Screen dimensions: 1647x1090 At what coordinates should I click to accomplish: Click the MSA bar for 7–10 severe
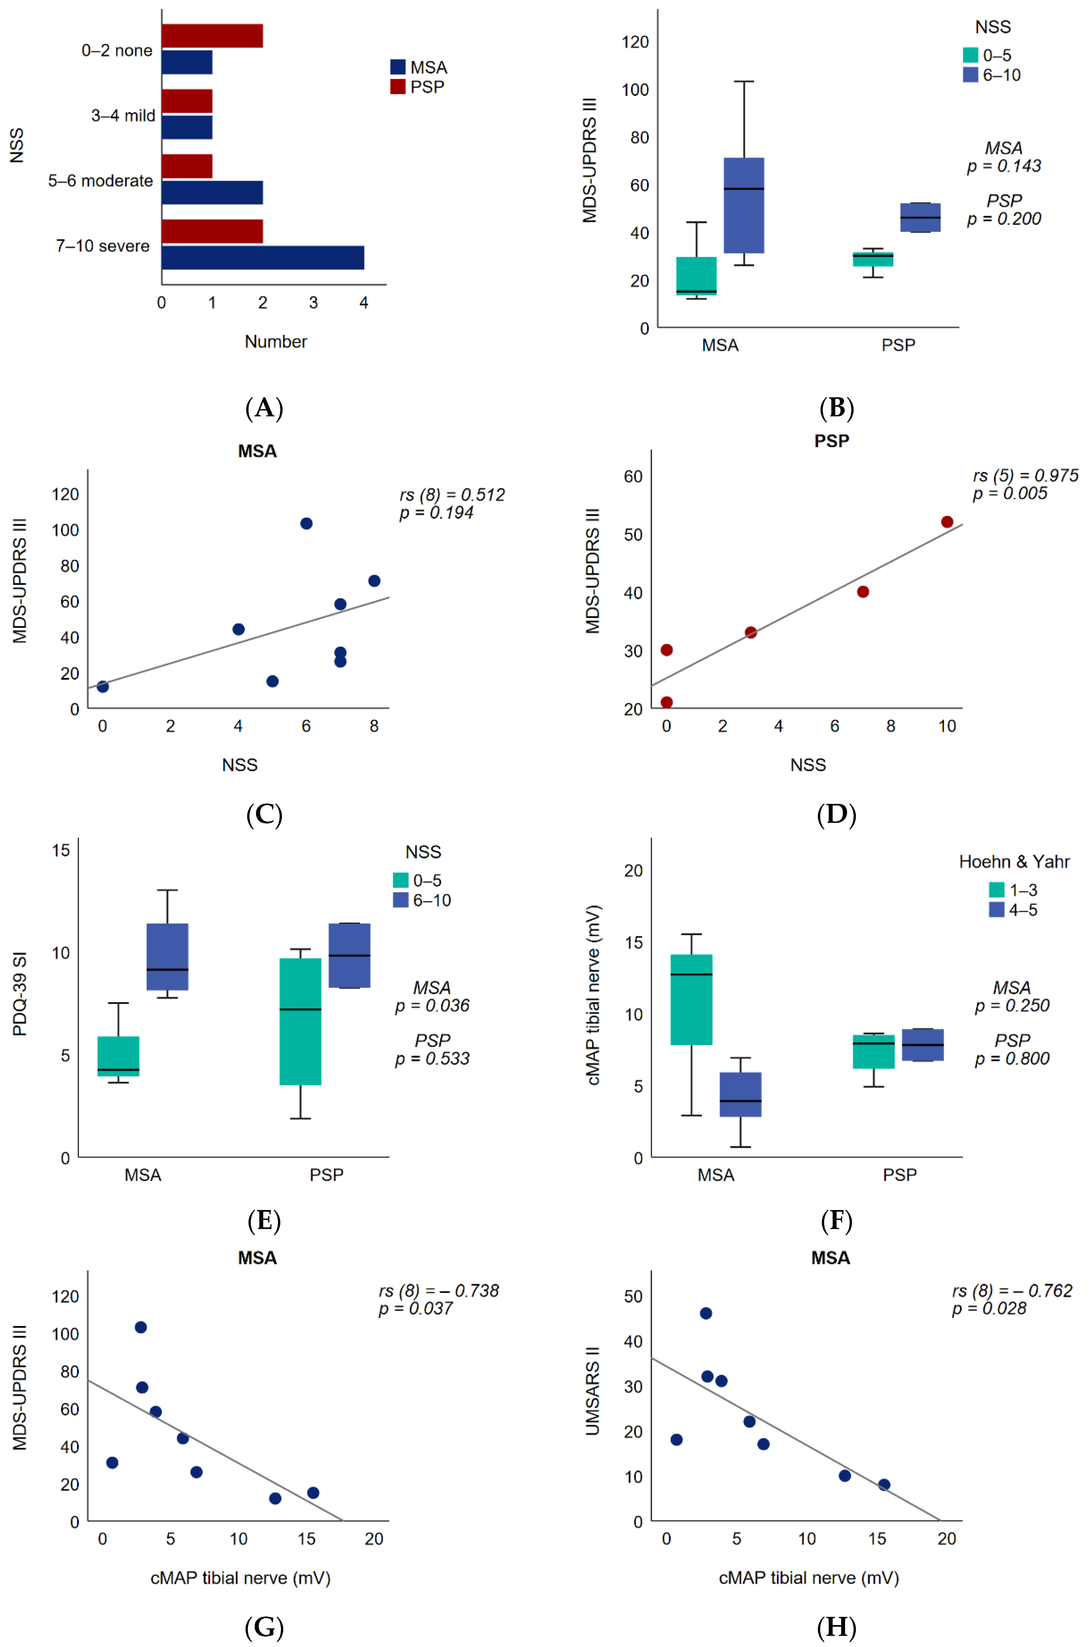tap(263, 258)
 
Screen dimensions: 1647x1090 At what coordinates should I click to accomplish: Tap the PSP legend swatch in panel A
tap(397, 87)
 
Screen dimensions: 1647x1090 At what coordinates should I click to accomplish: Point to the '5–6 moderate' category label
tap(101, 181)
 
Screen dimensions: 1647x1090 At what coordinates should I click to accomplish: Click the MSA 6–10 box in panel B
tap(744, 206)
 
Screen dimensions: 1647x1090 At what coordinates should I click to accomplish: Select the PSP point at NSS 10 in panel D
tap(947, 522)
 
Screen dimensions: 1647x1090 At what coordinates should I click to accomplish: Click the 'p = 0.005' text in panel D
tap(1010, 494)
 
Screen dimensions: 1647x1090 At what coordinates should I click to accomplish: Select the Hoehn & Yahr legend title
tap(1014, 862)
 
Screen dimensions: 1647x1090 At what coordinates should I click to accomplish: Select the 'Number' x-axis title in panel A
tap(276, 341)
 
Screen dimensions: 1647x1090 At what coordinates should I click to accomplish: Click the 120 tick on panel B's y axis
tap(635, 42)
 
